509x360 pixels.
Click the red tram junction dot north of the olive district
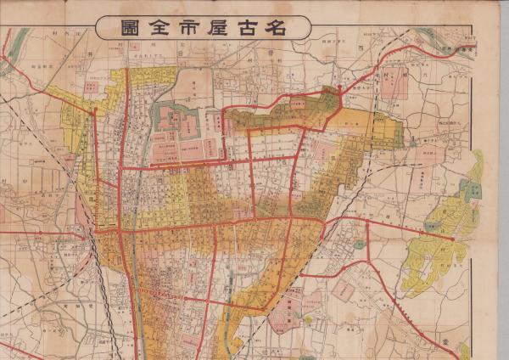point(339,87)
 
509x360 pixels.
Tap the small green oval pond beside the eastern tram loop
point(360,245)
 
